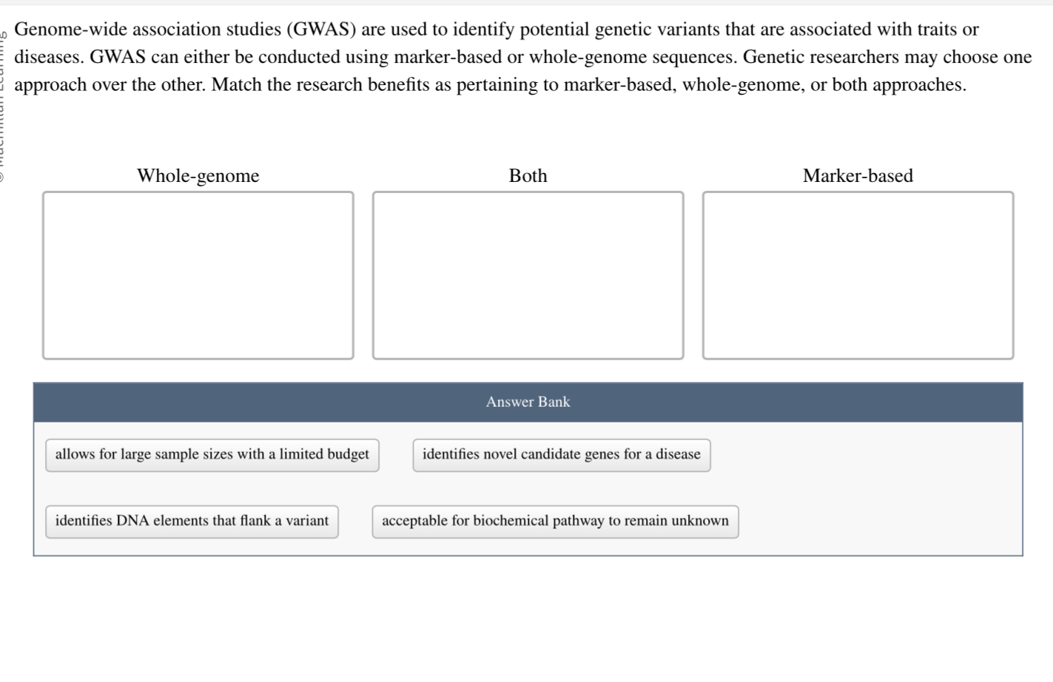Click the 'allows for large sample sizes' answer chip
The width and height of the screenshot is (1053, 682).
pyautogui.click(x=212, y=455)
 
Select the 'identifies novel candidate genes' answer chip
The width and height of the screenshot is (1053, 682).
pyautogui.click(x=561, y=455)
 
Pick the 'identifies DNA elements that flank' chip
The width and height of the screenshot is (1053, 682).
pyautogui.click(x=192, y=521)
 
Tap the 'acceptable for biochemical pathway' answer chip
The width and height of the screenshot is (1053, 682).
pyautogui.click(x=555, y=521)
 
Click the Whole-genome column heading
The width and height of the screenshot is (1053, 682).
pyautogui.click(x=198, y=176)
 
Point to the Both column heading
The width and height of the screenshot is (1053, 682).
pyautogui.click(x=528, y=176)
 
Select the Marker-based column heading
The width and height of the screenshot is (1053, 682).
pyautogui.click(x=858, y=176)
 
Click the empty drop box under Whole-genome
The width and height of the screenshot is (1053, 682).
pyautogui.click(x=198, y=275)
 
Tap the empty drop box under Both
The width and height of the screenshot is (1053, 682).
pyautogui.click(x=528, y=275)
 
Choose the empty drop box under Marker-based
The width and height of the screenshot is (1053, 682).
pyautogui.click(x=858, y=275)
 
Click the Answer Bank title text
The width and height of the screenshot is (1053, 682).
pyautogui.click(x=528, y=402)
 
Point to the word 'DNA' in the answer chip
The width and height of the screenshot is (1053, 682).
pyautogui.click(x=133, y=521)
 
